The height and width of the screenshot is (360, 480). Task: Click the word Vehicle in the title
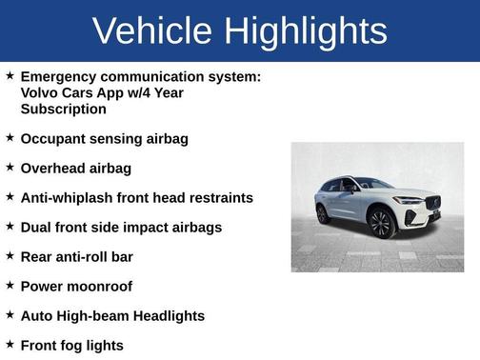click(152, 31)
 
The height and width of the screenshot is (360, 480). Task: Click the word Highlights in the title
click(306, 31)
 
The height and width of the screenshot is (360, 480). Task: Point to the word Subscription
click(63, 110)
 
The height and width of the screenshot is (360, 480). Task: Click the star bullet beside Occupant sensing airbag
click(10, 138)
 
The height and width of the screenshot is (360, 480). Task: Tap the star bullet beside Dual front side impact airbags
click(10, 227)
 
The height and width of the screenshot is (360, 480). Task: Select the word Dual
click(37, 228)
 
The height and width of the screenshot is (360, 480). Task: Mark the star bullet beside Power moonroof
click(10, 286)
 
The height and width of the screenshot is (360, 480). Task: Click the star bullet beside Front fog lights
click(10, 345)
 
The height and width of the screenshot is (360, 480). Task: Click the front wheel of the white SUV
click(381, 224)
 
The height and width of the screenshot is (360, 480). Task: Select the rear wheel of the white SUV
click(323, 213)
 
